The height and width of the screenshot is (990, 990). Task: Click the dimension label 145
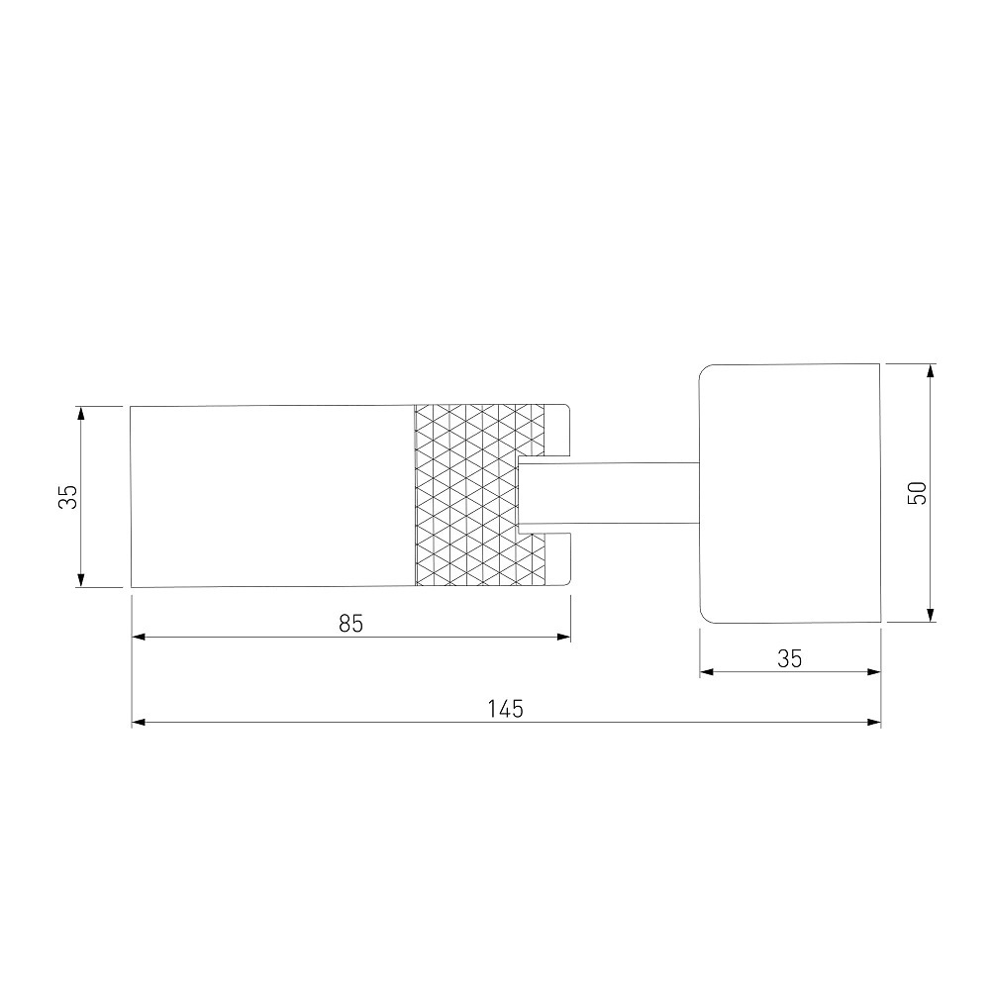pyautogui.click(x=505, y=709)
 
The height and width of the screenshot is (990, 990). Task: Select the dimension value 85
pyautogui.click(x=351, y=623)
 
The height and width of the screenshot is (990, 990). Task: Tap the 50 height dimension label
pyautogui.click(x=917, y=492)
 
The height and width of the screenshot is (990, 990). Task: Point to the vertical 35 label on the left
pyautogui.click(x=68, y=496)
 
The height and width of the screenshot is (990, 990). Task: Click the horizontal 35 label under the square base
pyautogui.click(x=789, y=658)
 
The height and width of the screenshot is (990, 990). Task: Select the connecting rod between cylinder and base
pyautogui.click(x=609, y=493)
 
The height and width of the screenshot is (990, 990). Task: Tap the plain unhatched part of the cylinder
pyautogui.click(x=272, y=496)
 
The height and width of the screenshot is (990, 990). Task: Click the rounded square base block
pyautogui.click(x=790, y=493)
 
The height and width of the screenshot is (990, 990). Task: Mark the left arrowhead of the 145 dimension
pyautogui.click(x=139, y=722)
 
